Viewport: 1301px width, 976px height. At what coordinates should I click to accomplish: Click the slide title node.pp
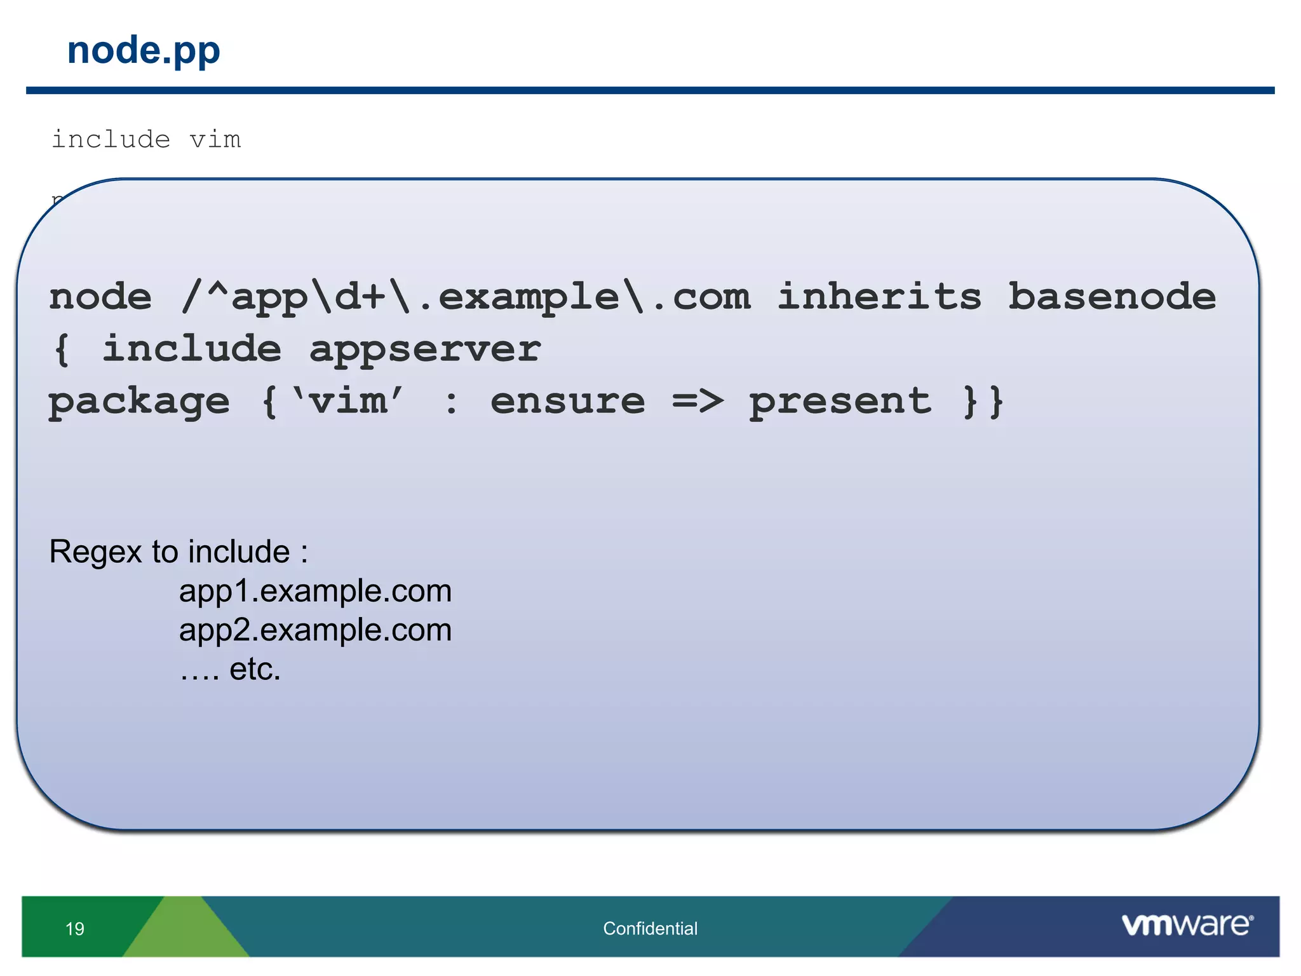[x=144, y=51]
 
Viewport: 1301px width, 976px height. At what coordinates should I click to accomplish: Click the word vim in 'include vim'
[x=215, y=139]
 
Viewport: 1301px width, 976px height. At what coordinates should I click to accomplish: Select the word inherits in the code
[x=879, y=297]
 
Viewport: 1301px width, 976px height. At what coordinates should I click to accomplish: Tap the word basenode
[x=1112, y=297]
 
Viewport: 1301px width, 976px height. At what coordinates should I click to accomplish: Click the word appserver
[x=424, y=349]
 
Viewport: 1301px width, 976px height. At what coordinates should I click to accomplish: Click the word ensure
[x=567, y=402]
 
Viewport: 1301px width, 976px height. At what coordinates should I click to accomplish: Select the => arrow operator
[x=698, y=402]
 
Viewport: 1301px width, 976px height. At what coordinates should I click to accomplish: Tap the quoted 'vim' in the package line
[x=347, y=402]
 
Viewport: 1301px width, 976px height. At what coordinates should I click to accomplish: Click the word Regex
[x=95, y=552]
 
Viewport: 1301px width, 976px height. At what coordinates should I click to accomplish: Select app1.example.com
[x=315, y=592]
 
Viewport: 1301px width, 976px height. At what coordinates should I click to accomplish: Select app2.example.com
[x=315, y=630]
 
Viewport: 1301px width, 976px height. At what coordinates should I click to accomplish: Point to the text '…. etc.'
[x=230, y=669]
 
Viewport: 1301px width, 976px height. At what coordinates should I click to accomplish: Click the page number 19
[x=75, y=929]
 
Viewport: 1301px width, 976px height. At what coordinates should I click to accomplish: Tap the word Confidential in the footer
[x=650, y=928]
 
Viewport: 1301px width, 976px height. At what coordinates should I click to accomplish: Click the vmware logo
[x=1187, y=925]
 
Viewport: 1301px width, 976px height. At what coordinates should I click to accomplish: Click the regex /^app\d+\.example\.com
[x=466, y=297]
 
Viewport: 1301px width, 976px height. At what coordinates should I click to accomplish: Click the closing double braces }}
[x=983, y=402]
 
